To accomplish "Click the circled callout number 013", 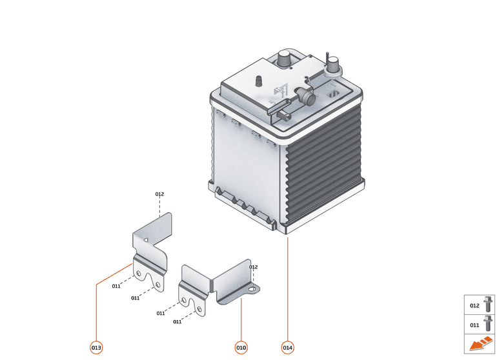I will point(96,348).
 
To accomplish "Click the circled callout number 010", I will point(241,348).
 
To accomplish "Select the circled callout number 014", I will point(288,348).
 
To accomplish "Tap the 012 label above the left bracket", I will point(159,194).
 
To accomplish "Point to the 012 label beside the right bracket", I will point(253,267).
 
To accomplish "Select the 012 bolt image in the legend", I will point(489,304).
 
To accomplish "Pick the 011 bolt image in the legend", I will point(489,323).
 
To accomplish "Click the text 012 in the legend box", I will point(474,306).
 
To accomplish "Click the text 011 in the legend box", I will point(474,325).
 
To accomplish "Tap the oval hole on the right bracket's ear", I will point(251,290).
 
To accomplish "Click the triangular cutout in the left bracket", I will point(147,240).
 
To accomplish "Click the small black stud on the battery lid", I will point(258,81).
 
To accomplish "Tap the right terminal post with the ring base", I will point(333,65).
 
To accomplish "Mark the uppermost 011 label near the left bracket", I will point(116,286).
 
